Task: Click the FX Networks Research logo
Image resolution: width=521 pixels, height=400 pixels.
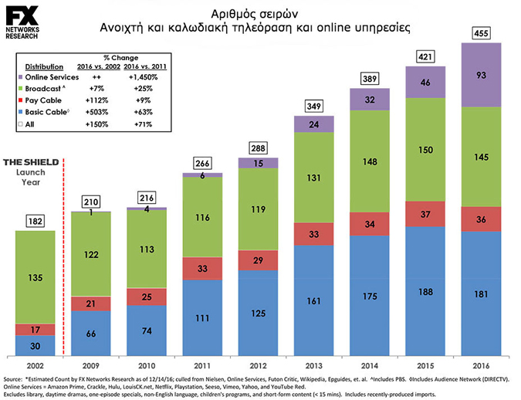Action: tap(22, 22)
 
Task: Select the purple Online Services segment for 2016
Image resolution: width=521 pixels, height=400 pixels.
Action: tap(481, 75)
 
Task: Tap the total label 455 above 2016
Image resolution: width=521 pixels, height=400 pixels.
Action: tap(481, 33)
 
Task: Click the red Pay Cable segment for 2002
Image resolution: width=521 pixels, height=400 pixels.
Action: tap(36, 330)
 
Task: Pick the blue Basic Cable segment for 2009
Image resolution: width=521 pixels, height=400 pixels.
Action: tap(91, 333)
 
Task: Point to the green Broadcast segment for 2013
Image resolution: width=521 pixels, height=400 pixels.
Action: tap(314, 178)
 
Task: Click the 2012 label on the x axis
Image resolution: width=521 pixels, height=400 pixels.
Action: tap(258, 366)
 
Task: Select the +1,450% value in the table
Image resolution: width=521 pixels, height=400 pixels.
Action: tap(144, 77)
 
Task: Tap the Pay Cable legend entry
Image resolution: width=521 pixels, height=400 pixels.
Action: tap(40, 100)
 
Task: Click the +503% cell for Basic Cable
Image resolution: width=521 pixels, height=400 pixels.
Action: tap(96, 112)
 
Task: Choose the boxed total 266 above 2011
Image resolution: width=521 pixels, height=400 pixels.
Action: tap(202, 163)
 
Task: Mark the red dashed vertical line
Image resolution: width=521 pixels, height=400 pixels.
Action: tap(63, 257)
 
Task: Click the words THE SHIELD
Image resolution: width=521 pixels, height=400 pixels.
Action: tap(31, 162)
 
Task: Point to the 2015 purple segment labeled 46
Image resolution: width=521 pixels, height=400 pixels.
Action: tap(425, 82)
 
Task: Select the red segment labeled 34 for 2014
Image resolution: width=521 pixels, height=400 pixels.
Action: tap(370, 224)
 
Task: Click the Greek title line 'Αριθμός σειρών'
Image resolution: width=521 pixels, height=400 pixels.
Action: tap(255, 15)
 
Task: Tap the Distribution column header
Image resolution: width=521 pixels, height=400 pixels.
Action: tap(44, 67)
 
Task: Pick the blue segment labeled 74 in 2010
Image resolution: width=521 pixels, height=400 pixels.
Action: tap(147, 331)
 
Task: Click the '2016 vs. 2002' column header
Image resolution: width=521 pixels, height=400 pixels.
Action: tap(99, 66)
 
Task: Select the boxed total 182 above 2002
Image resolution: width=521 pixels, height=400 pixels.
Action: tap(36, 221)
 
